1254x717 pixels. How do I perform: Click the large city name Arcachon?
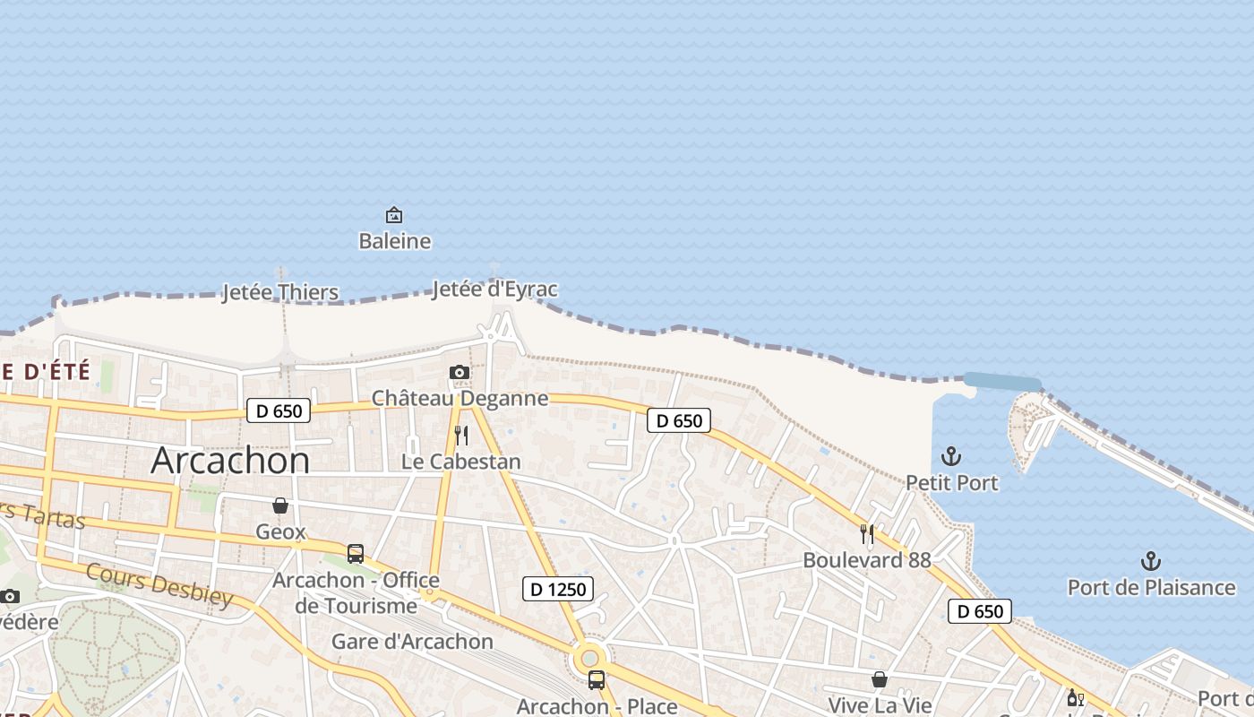point(230,460)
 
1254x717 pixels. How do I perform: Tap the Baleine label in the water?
point(394,241)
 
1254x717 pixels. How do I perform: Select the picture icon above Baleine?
point(393,215)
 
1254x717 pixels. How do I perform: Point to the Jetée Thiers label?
point(280,292)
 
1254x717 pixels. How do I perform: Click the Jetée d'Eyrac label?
point(494,289)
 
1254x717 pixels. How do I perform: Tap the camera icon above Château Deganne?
point(459,372)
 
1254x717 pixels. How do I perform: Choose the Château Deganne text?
point(460,398)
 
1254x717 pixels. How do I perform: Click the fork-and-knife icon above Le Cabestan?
point(461,436)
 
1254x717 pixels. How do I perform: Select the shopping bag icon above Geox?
point(280,505)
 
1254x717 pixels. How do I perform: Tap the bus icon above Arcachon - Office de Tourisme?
point(356,553)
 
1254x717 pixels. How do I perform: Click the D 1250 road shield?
point(558,589)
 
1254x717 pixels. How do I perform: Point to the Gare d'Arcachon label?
point(412,642)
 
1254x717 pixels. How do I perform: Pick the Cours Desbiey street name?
point(159,585)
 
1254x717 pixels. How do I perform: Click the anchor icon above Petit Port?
point(951,456)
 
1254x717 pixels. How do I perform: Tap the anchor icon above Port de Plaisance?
point(1151,561)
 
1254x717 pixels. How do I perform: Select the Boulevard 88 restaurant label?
point(866,560)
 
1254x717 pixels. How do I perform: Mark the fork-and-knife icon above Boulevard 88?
point(866,534)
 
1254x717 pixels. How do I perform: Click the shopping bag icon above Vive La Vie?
point(880,679)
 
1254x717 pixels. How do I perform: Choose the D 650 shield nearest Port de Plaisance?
point(980,611)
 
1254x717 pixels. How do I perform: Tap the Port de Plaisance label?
point(1151,588)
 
